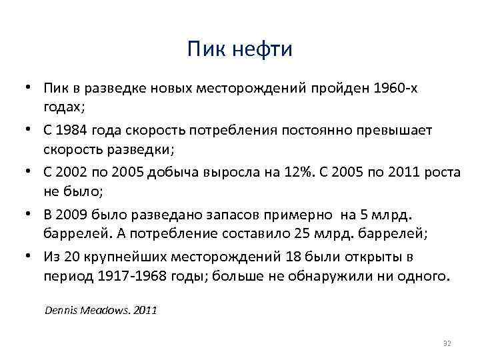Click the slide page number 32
click(x=447, y=343)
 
